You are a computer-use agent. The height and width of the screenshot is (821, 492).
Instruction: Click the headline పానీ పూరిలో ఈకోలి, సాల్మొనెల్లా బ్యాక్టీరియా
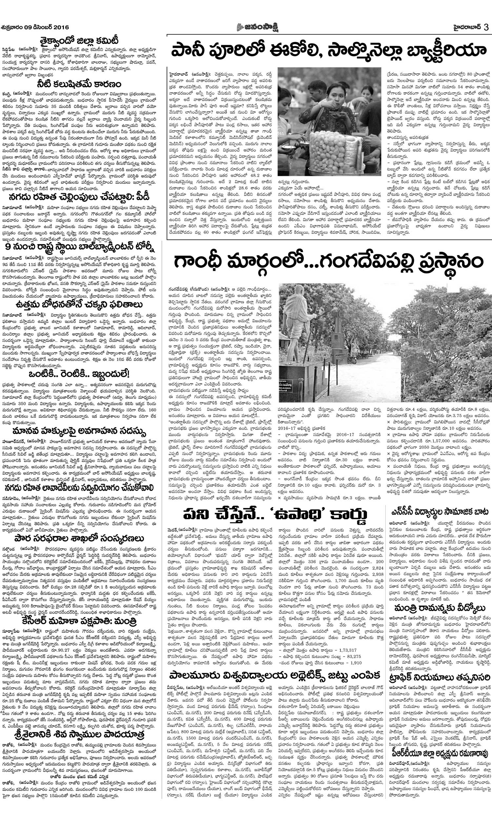(328, 52)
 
